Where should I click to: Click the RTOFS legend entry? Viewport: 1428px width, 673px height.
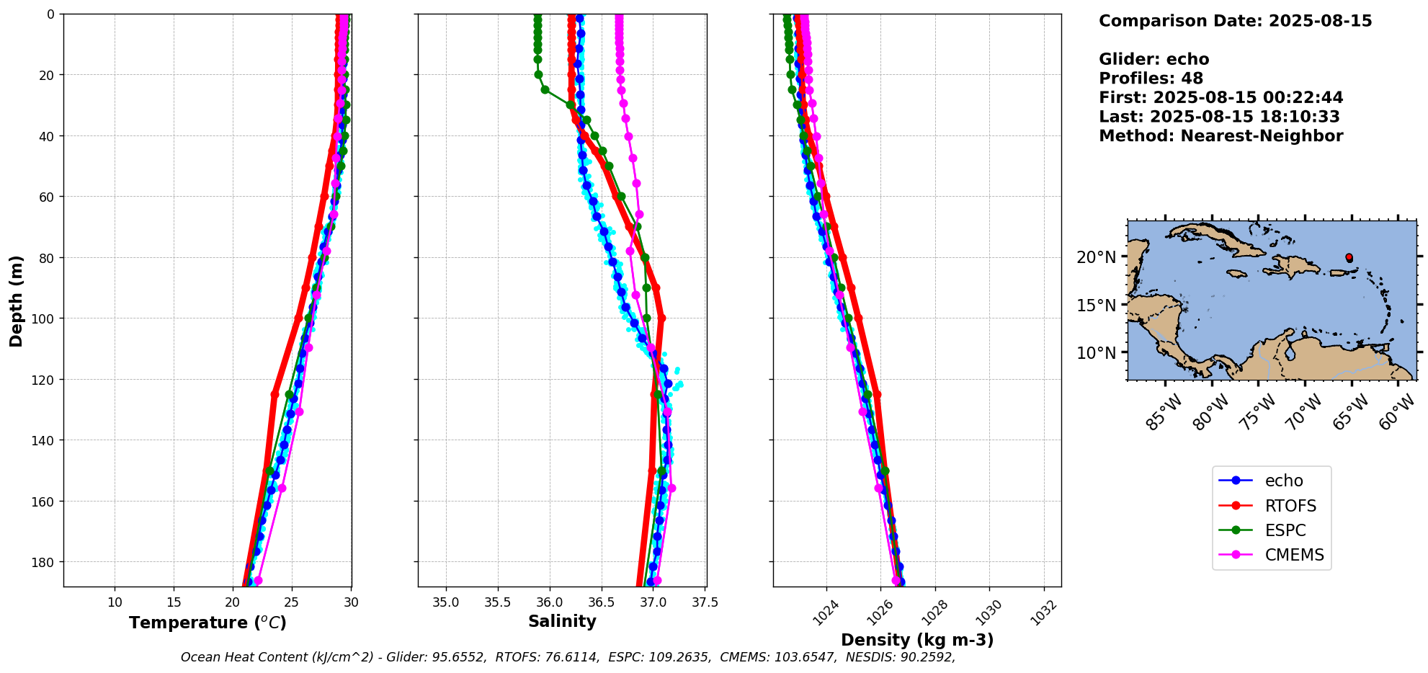click(x=1290, y=506)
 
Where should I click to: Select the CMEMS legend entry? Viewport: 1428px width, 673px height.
click(x=1294, y=555)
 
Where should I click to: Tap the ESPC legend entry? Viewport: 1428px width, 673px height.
click(x=1285, y=530)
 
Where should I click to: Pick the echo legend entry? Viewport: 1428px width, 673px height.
click(x=1283, y=481)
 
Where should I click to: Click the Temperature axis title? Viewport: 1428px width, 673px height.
click(x=207, y=623)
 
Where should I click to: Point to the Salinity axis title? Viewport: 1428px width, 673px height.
click(x=562, y=621)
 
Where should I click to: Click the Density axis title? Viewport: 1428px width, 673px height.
click(x=917, y=640)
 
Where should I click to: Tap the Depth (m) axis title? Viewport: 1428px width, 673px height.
click(x=16, y=300)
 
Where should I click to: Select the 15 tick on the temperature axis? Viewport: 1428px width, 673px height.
click(x=174, y=602)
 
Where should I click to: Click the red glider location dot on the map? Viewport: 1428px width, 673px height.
click(x=1349, y=257)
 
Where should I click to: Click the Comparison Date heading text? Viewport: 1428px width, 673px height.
click(x=1235, y=21)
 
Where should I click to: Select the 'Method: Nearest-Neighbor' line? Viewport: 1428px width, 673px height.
click(x=1221, y=136)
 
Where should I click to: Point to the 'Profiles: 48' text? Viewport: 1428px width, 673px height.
click(x=1151, y=79)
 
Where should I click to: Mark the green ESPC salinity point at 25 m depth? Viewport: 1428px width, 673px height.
click(x=545, y=90)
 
